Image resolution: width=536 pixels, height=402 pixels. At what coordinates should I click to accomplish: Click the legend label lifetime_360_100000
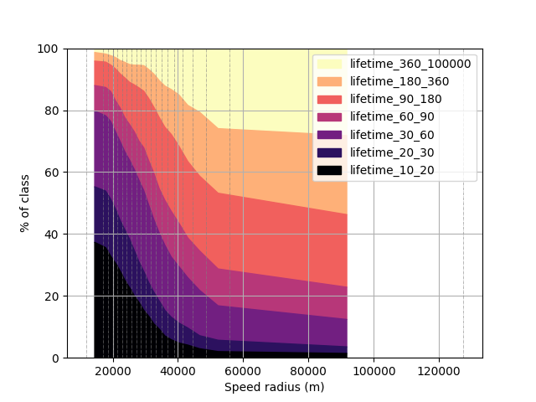pyautogui.click(x=410, y=64)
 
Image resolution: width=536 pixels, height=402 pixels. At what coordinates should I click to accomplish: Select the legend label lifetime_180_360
pyautogui.click(x=399, y=82)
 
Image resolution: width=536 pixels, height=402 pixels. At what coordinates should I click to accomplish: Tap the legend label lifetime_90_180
pyautogui.click(x=396, y=99)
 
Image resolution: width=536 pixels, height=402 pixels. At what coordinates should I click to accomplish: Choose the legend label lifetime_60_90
pyautogui.click(x=392, y=117)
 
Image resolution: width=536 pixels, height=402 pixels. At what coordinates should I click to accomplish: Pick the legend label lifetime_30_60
pyautogui.click(x=392, y=135)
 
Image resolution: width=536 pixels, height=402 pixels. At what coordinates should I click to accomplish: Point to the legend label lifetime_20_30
pyautogui.click(x=392, y=152)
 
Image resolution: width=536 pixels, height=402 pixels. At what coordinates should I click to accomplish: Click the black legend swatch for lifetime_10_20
pyautogui.click(x=329, y=170)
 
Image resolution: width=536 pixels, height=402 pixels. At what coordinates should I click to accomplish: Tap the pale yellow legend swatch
pyautogui.click(x=329, y=64)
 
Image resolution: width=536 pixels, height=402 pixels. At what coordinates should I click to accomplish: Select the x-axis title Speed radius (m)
pyautogui.click(x=274, y=387)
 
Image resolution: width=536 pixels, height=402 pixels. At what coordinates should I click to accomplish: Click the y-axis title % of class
pyautogui.click(x=24, y=204)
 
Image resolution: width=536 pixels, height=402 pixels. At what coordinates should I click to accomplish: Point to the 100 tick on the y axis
pyautogui.click(x=48, y=49)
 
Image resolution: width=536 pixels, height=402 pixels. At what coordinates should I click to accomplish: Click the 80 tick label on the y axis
pyautogui.click(x=51, y=111)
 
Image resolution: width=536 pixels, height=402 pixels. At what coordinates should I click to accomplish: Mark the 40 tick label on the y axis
pyautogui.click(x=51, y=234)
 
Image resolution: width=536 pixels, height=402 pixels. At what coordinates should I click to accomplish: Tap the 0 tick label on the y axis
pyautogui.click(x=55, y=358)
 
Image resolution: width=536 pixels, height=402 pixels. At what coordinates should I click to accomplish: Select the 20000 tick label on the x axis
pyautogui.click(x=113, y=371)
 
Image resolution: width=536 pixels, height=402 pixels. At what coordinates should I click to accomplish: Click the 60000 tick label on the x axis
pyautogui.click(x=243, y=371)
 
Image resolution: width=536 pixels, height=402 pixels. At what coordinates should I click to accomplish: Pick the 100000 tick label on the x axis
pyautogui.click(x=374, y=371)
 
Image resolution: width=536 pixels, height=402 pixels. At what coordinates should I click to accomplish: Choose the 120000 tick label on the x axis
pyautogui.click(x=439, y=371)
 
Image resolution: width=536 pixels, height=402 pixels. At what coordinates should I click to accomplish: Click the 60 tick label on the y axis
pyautogui.click(x=51, y=173)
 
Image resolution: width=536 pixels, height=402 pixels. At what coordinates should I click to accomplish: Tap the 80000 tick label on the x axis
pyautogui.click(x=308, y=371)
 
